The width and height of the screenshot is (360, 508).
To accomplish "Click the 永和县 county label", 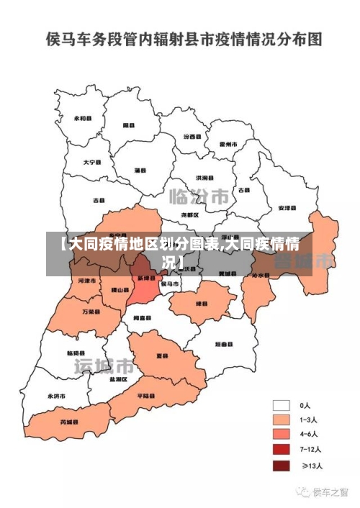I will tap(84, 118).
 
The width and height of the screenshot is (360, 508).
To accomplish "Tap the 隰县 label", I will tap(130, 124).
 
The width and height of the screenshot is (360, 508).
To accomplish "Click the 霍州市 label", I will tap(228, 144).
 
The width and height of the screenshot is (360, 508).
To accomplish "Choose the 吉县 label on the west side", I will tap(99, 200).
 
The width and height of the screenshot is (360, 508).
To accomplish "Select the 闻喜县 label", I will tap(141, 317).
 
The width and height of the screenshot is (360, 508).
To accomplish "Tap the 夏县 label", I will tap(163, 355).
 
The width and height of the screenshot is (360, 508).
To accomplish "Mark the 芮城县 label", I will tap(69, 422).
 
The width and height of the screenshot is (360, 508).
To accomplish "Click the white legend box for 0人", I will tap(281, 405).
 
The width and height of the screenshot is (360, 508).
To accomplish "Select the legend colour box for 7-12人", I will tap(281, 450).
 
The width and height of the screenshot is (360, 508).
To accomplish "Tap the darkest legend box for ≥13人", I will tap(281, 466).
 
